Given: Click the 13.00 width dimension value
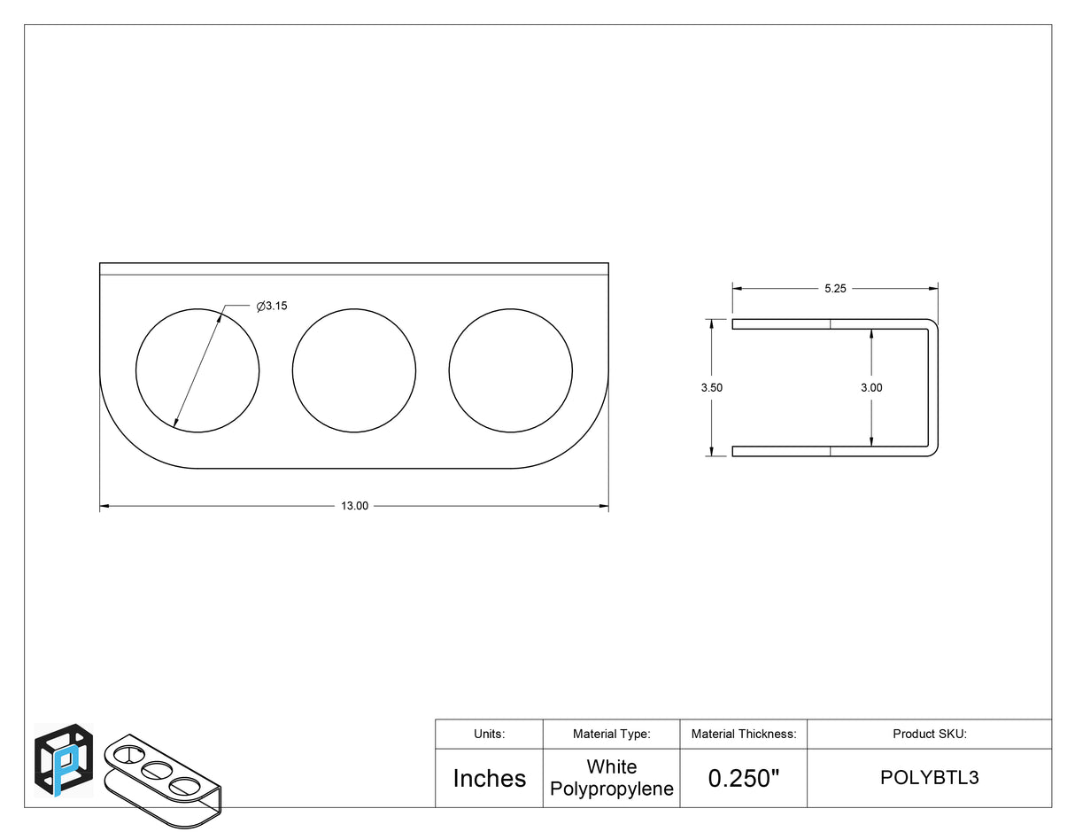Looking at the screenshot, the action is tap(354, 506).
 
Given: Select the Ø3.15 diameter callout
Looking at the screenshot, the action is tap(272, 306).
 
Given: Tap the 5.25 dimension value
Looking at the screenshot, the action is tap(835, 289).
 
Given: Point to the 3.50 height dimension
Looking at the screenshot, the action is tap(711, 387).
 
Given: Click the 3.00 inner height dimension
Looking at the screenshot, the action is tap(871, 387).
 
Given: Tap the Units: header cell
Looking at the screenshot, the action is tap(490, 734).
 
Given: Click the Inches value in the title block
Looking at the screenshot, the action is tap(490, 779).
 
